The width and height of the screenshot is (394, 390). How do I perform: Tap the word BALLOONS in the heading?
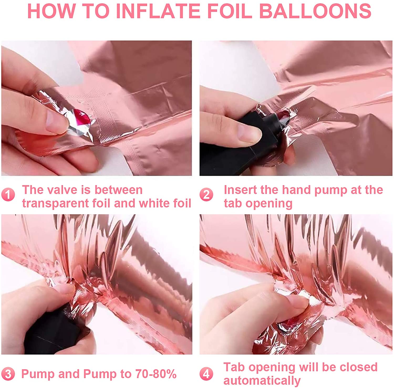click(315, 11)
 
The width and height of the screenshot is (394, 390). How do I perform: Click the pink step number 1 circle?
click(8, 195)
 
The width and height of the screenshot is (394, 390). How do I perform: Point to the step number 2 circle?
click(206, 195)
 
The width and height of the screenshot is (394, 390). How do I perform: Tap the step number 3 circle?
click(8, 374)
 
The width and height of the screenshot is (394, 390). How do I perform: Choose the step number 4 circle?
click(206, 374)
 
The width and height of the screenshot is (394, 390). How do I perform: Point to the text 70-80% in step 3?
click(156, 374)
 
